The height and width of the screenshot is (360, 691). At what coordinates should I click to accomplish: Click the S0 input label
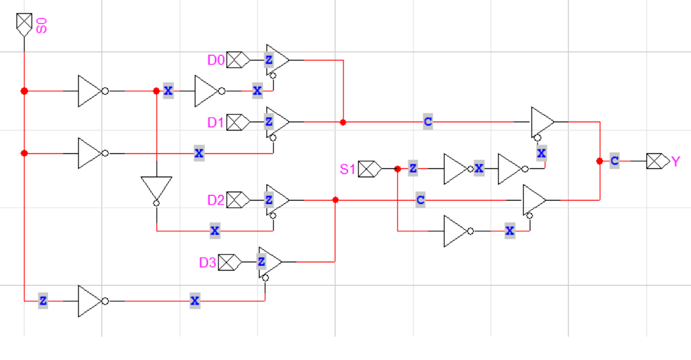point(41,25)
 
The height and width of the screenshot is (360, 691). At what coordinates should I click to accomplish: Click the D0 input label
point(216,60)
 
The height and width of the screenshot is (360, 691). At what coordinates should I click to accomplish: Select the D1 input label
point(216,122)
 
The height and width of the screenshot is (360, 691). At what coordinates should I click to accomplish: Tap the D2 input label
point(216,200)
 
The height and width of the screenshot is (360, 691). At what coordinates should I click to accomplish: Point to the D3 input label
point(207,262)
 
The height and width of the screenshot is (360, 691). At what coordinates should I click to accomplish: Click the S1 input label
point(347,169)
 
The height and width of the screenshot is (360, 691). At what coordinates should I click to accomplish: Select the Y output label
point(675,162)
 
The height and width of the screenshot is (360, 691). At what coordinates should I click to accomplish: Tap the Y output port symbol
point(658,162)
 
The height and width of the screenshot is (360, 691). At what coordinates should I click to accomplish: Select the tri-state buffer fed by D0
point(277,59)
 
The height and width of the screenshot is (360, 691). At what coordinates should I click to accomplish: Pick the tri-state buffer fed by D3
point(269,262)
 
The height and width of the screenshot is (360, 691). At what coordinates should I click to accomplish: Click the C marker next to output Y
point(614,161)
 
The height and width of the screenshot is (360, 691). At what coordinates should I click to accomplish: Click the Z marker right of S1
point(413,169)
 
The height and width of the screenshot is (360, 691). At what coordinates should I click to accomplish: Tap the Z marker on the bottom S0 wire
point(43,301)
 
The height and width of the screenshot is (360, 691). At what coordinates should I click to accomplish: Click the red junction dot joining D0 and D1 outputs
point(343,122)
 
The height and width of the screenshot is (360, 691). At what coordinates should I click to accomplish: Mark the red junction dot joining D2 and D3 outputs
point(335,200)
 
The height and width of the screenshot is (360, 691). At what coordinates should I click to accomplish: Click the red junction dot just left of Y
point(599,161)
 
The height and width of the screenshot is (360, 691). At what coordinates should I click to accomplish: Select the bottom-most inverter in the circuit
point(90,301)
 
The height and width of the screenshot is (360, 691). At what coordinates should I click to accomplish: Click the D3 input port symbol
point(229,262)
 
